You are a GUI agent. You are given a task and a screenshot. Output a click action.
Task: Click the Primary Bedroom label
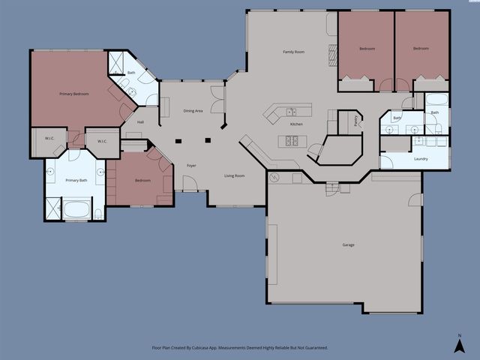(x=74, y=94)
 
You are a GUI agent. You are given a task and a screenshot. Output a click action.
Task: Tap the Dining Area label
(x=193, y=111)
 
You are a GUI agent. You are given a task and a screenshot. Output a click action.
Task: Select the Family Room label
(x=293, y=52)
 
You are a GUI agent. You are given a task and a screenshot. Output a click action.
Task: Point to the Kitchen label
(x=296, y=124)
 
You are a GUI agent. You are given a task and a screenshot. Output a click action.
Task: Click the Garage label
(x=349, y=245)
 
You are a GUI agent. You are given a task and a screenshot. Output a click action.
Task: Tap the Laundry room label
(x=421, y=159)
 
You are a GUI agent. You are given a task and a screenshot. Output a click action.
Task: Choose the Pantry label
(x=355, y=121)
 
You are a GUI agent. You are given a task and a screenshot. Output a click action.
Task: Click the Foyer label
(x=191, y=164)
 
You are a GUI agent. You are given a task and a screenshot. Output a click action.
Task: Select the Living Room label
(x=235, y=175)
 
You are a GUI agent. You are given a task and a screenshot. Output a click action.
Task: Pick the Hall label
(x=140, y=121)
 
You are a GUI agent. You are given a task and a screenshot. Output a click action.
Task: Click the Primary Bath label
(x=76, y=181)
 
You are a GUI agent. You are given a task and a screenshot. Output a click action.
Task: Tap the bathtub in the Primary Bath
(x=76, y=208)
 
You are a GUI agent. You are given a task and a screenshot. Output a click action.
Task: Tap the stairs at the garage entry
(x=332, y=187)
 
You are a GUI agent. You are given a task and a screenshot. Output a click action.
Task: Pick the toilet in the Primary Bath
(x=98, y=214)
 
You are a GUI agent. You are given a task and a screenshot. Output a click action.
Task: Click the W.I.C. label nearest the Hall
(x=102, y=140)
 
